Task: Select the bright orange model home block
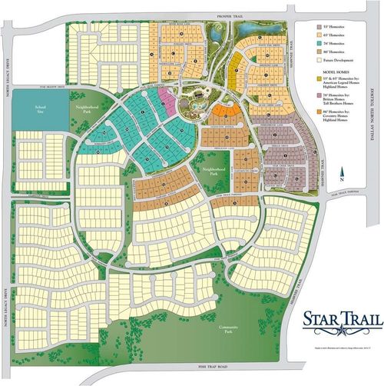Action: click(223, 116)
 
